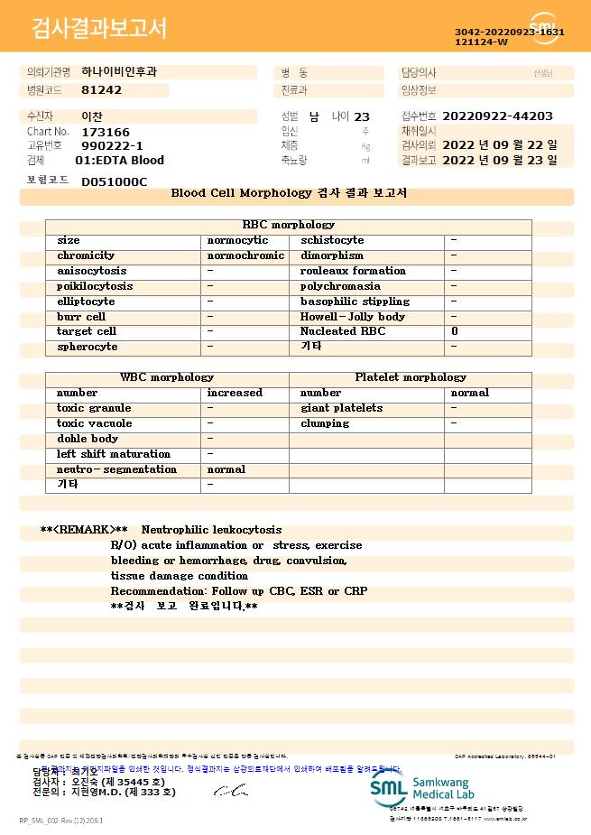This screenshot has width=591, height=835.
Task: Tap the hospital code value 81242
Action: [x=101, y=90]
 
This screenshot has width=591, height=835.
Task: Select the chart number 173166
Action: [x=106, y=132]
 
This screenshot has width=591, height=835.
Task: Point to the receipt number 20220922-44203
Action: [x=498, y=116]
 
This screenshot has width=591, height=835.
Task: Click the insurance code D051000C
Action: [x=114, y=182]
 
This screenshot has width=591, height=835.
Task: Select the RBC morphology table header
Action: [x=289, y=225]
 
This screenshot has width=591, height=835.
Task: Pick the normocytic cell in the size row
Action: [x=237, y=240]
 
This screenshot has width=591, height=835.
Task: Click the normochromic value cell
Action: [x=245, y=255]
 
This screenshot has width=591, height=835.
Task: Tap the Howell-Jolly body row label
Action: [x=353, y=317]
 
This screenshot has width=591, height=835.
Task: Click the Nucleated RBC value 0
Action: [x=455, y=332]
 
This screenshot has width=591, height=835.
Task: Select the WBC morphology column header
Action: [x=167, y=377]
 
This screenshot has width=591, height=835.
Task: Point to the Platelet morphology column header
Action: [x=411, y=377]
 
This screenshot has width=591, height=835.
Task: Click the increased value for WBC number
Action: [x=235, y=393]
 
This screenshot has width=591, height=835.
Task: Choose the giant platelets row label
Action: [x=341, y=408]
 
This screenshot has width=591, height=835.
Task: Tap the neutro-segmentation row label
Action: [x=116, y=469]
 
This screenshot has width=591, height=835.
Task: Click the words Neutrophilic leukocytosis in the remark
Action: [x=212, y=530]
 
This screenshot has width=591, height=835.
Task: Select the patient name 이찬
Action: [x=91, y=117]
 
